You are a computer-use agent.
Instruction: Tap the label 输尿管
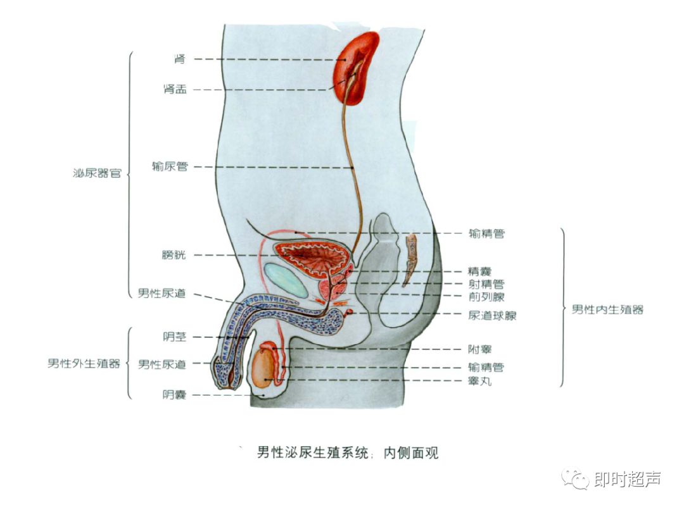click(x=170, y=167)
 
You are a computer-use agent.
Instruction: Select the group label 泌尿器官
click(x=97, y=173)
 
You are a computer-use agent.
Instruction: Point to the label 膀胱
click(x=174, y=256)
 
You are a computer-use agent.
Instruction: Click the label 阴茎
click(x=174, y=337)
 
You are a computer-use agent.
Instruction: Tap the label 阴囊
click(x=174, y=395)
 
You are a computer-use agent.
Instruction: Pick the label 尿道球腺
click(x=492, y=315)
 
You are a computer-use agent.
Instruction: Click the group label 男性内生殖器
click(x=607, y=309)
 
